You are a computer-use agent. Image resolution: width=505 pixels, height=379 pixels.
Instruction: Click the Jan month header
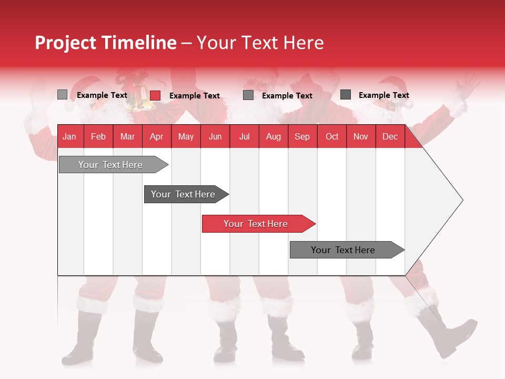click(x=69, y=137)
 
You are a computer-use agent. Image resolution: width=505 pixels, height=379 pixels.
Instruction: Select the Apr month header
click(x=156, y=137)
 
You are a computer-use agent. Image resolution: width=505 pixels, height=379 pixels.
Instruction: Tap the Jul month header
click(x=244, y=137)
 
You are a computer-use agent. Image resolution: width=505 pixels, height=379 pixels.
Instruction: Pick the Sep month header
click(x=302, y=137)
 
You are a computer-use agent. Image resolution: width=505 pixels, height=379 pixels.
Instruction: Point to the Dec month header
click(x=390, y=137)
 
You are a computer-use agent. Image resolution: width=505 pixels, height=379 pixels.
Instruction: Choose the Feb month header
click(x=98, y=137)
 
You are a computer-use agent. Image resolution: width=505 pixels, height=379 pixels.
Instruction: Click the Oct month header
click(x=332, y=137)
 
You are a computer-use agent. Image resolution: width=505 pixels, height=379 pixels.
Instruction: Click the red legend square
click(x=155, y=95)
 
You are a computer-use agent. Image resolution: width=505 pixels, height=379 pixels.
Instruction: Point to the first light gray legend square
click(x=62, y=95)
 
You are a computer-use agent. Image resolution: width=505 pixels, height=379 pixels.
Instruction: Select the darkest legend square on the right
click(x=346, y=95)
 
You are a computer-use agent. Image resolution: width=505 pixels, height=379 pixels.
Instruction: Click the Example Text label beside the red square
click(x=195, y=96)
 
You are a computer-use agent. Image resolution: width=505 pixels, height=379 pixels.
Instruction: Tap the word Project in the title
click(x=64, y=43)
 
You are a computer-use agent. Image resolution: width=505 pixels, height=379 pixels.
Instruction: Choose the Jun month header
click(x=215, y=137)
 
